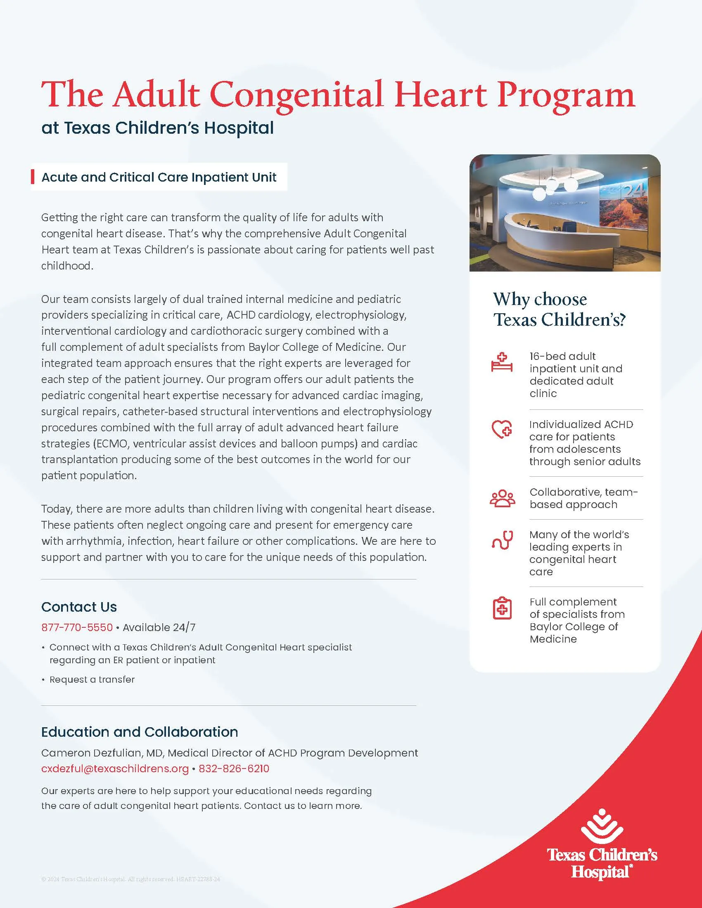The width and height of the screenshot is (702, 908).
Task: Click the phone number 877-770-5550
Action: [77, 627]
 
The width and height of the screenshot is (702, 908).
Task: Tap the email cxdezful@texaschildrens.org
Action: [115, 769]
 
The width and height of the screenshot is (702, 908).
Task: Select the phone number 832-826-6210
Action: [234, 769]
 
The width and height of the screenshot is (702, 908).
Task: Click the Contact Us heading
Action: [79, 607]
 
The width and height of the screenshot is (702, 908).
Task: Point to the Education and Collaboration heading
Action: [139, 732]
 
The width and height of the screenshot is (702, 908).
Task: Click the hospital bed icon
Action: [502, 362]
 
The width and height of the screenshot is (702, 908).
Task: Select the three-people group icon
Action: [502, 498]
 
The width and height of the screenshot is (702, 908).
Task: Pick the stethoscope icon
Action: [502, 540]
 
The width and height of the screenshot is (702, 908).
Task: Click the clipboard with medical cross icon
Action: [502, 609]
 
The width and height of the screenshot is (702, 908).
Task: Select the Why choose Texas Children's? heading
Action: [559, 309]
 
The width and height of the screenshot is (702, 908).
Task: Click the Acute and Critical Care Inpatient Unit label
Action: [159, 177]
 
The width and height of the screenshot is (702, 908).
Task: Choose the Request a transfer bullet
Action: [92, 680]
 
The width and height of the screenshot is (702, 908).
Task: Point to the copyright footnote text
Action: [130, 879]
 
